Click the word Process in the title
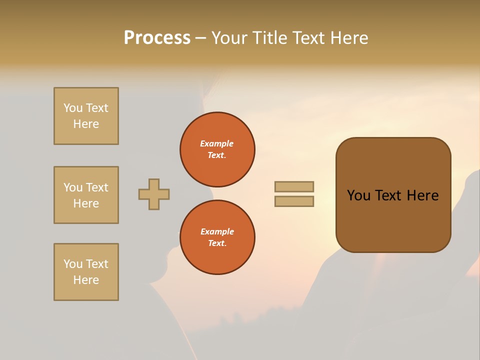[157, 38]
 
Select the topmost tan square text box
[86, 116]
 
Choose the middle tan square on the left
[86, 195]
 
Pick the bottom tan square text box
[86, 272]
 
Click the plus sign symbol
[154, 194]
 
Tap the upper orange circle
[217, 149]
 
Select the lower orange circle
[217, 237]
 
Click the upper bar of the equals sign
[294, 186]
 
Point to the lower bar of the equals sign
[294, 201]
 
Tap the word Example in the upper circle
[217, 143]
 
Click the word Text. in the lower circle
[217, 243]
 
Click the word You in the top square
[73, 108]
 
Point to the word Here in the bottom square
[86, 280]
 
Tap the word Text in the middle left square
[96, 187]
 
